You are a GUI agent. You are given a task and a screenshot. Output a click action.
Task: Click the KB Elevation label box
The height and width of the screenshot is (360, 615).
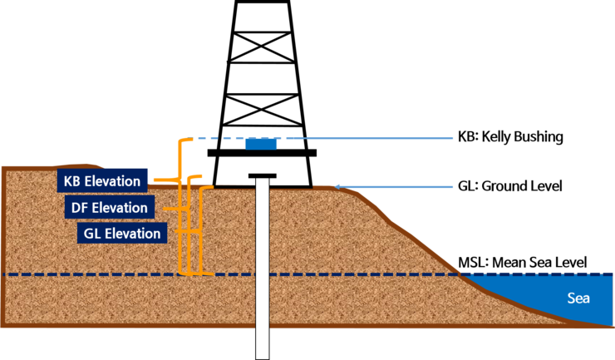pyautogui.click(x=103, y=180)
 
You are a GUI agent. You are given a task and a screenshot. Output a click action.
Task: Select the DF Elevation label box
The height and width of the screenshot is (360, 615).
pyautogui.click(x=109, y=207)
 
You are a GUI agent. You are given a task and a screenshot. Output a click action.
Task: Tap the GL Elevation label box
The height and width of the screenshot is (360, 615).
pyautogui.click(x=122, y=234)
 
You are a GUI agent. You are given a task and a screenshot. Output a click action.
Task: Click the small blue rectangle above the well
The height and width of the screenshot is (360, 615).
pyautogui.click(x=260, y=144)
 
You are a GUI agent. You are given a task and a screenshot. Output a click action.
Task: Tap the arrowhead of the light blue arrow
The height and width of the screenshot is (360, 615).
pyautogui.click(x=338, y=186)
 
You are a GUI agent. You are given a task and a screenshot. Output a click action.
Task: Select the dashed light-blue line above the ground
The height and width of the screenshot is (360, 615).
pyautogui.click(x=249, y=137)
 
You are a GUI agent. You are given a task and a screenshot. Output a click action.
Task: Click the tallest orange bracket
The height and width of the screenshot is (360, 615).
pyautogui.click(x=182, y=208)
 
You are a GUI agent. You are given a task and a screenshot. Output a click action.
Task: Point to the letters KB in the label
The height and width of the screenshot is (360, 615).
pyautogui.click(x=72, y=180)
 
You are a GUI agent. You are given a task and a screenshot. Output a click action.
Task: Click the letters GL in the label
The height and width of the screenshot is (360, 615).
pyautogui.click(x=93, y=234)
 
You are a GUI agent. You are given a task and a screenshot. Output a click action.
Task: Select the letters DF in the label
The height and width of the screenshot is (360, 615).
pyautogui.click(x=81, y=207)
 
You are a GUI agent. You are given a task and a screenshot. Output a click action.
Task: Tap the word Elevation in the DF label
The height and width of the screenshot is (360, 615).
pyautogui.click(x=121, y=207)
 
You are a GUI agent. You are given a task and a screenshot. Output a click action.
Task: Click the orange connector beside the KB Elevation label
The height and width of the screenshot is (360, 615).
pyautogui.click(x=163, y=180)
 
